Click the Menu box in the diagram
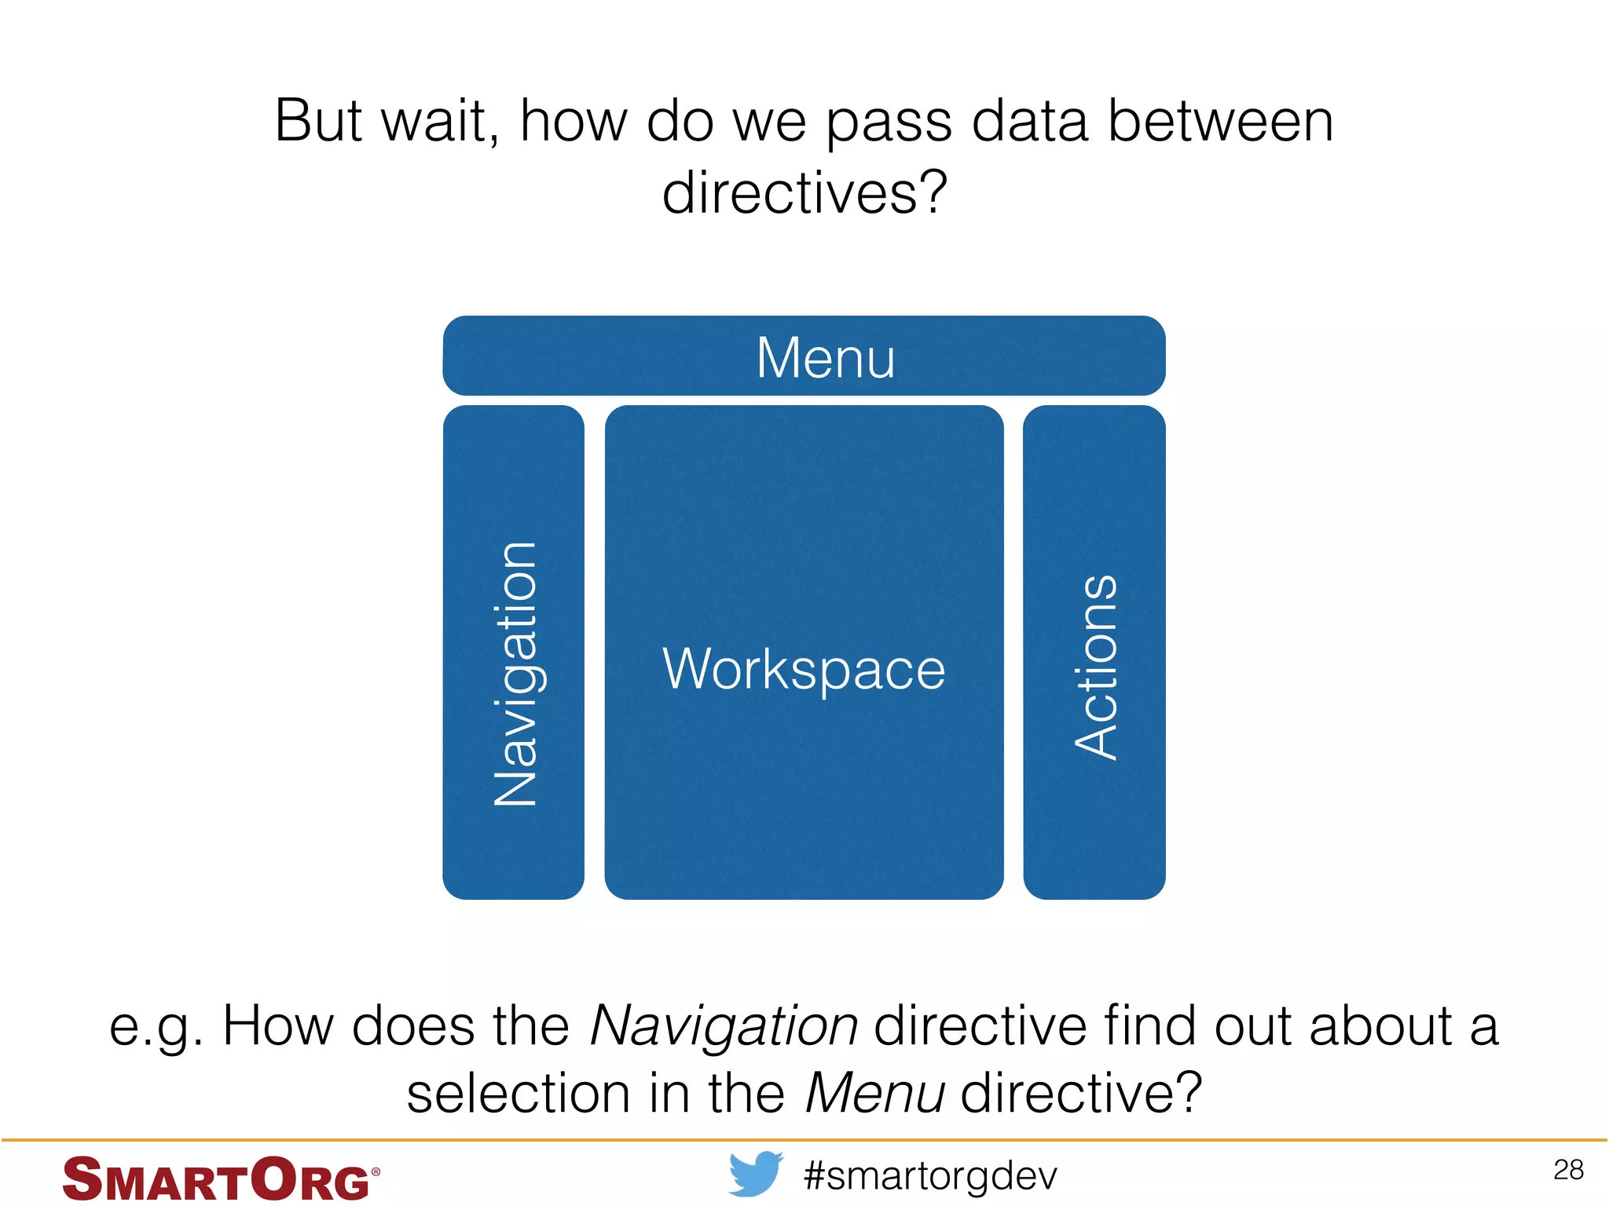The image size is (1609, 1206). click(x=804, y=356)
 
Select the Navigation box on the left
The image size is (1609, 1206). click(x=513, y=652)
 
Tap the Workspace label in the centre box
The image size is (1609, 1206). click(x=804, y=669)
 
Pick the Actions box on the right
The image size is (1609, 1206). click(x=1094, y=652)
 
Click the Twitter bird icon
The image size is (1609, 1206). click(x=755, y=1174)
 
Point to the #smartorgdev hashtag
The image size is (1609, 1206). click(x=931, y=1175)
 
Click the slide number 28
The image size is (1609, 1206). click(x=1568, y=1170)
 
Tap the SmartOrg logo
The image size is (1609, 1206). click(x=221, y=1178)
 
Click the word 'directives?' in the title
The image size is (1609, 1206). click(x=804, y=192)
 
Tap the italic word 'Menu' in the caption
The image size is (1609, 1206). click(x=875, y=1093)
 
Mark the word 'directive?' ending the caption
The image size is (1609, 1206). click(x=1081, y=1093)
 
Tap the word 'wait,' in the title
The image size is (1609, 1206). click(x=440, y=122)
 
